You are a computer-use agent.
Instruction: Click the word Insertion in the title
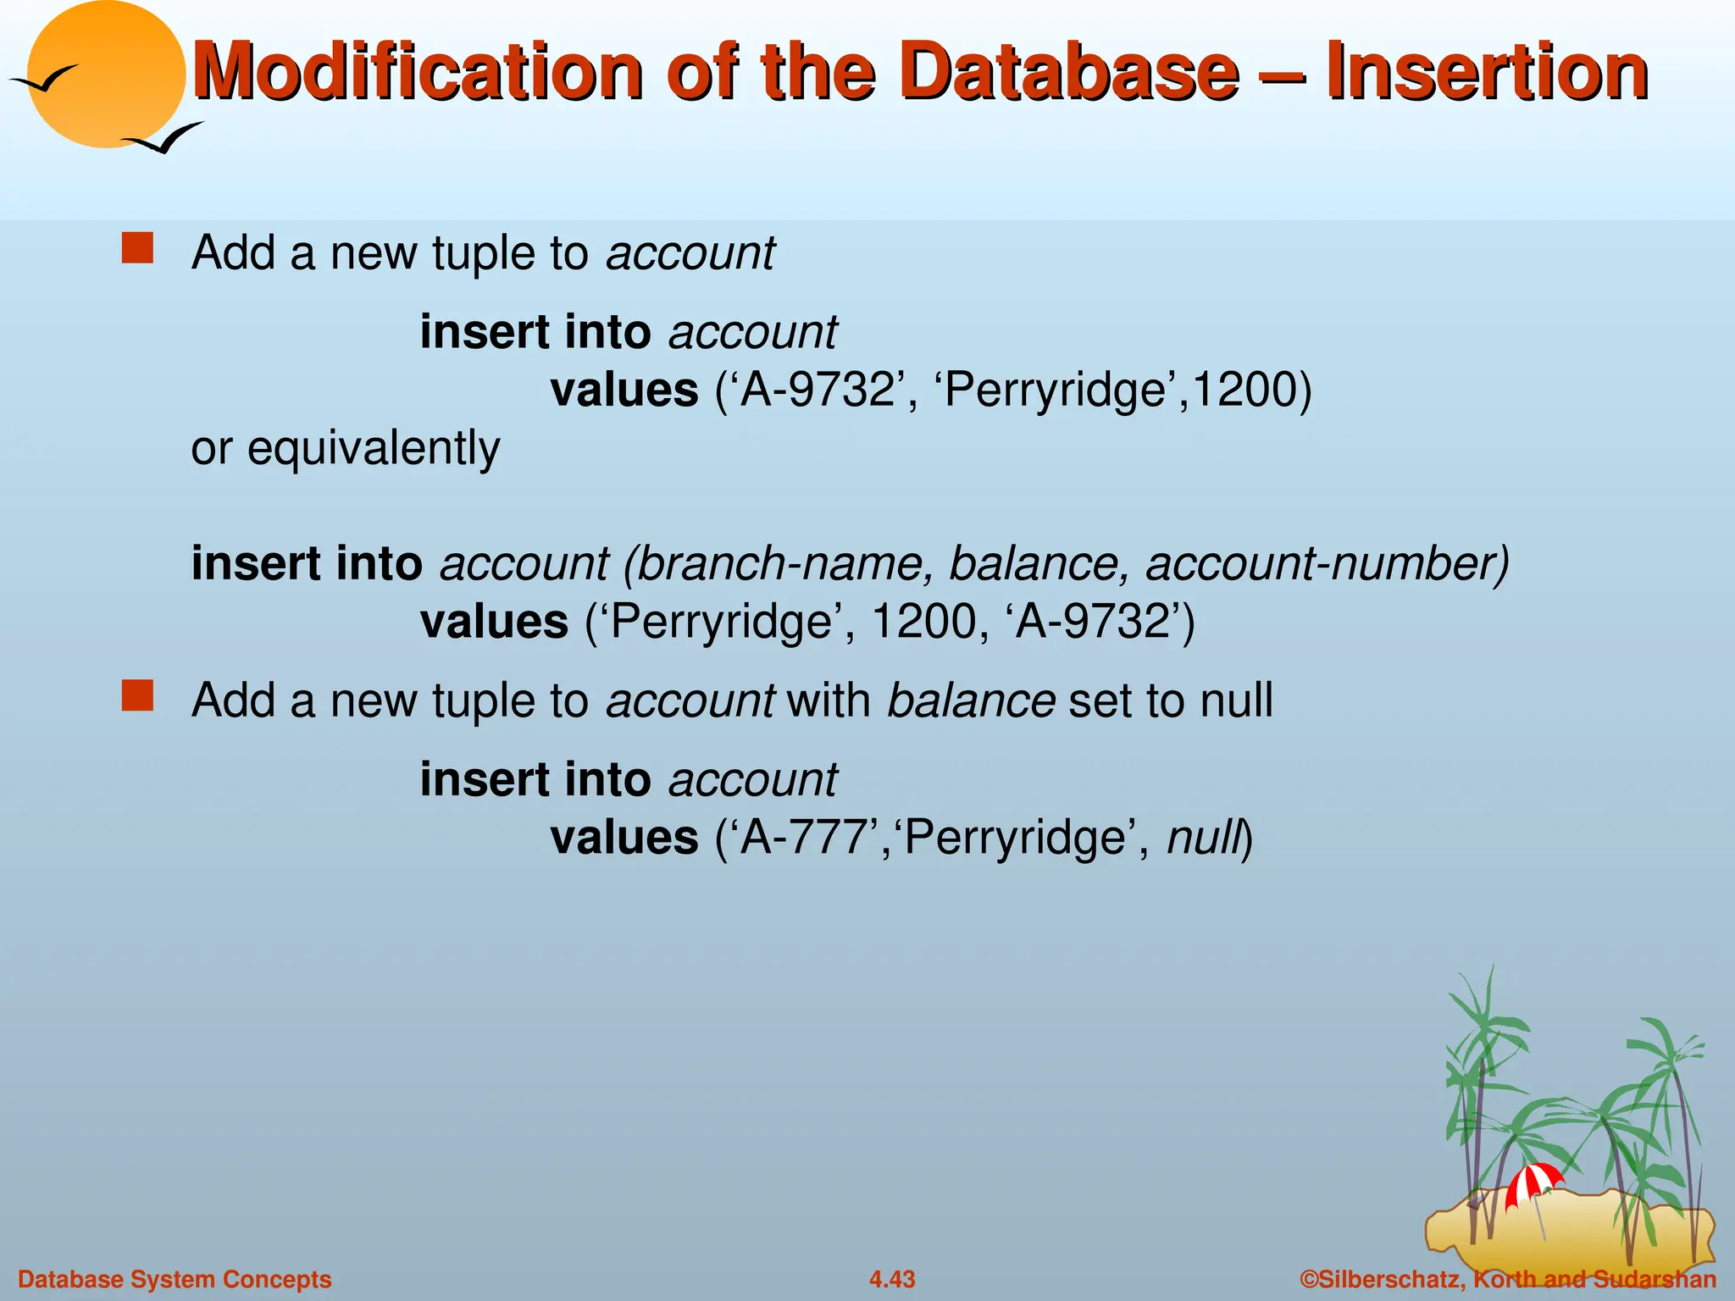tap(1487, 72)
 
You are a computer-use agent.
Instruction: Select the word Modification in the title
tap(417, 72)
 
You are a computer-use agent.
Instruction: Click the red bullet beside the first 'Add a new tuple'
tap(137, 249)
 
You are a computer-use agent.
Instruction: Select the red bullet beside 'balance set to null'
tap(137, 695)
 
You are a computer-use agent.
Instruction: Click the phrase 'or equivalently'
tap(346, 448)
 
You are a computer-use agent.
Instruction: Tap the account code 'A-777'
tap(809, 839)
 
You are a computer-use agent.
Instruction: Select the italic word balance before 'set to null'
tap(971, 701)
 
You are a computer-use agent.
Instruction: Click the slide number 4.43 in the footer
tap(892, 1279)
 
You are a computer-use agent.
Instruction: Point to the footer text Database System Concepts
tap(175, 1279)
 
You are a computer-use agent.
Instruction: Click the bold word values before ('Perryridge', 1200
tap(494, 623)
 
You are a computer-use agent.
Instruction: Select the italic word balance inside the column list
tap(1039, 564)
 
